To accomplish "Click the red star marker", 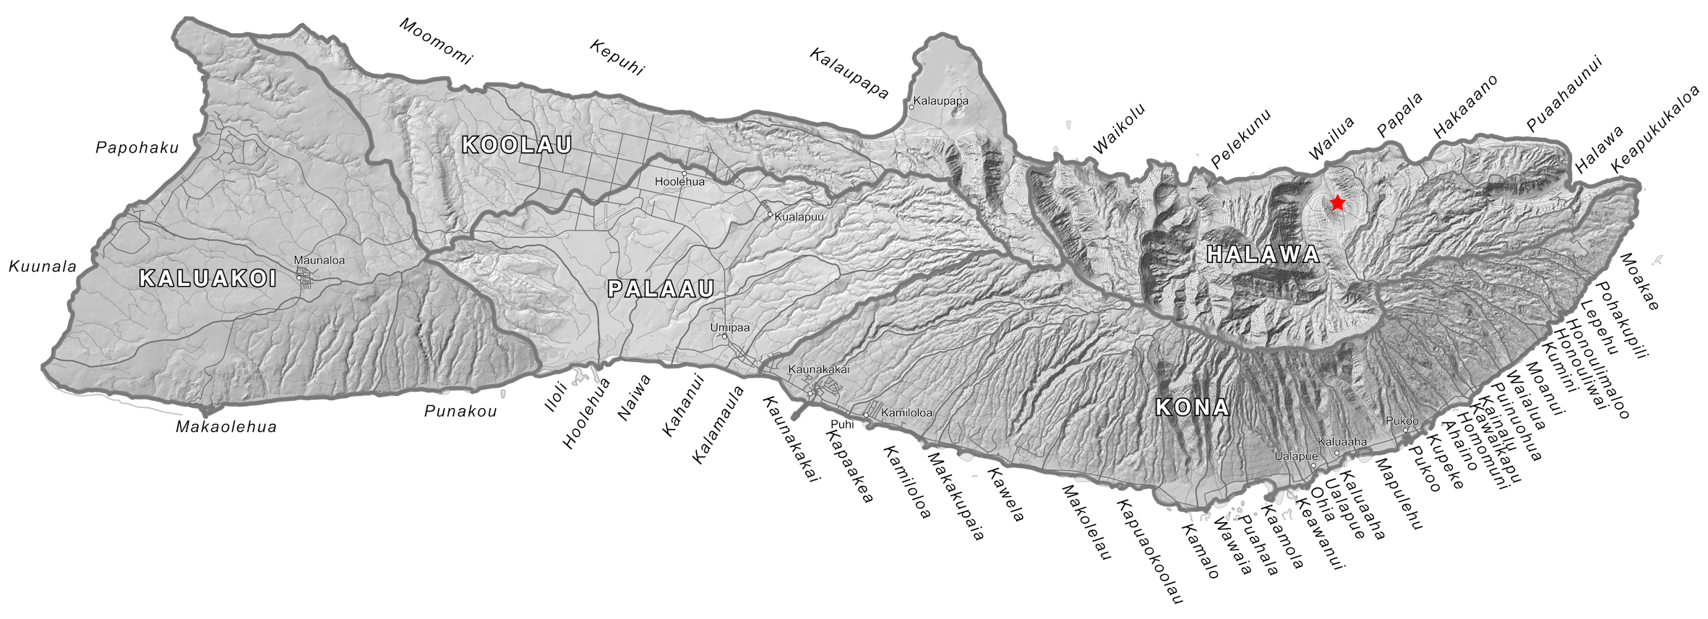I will pos(1337,203).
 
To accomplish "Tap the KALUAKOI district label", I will pos(208,279).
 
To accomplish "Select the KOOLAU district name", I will pos(517,145).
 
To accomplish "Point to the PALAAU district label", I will pos(661,289).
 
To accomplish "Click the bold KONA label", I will pos(1192,408).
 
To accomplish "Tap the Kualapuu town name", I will pos(799,217).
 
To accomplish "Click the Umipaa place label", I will pos(729,327).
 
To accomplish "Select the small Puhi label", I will pos(842,425).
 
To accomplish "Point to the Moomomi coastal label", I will pos(435,42).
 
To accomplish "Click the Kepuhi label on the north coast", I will pos(617,58).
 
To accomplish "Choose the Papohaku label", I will pos(137,148).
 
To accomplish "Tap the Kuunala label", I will pos(43,267).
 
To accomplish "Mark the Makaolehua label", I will pos(226,427).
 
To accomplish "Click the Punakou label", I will pos(460,412).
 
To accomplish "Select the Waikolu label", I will pos(1118,130).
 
